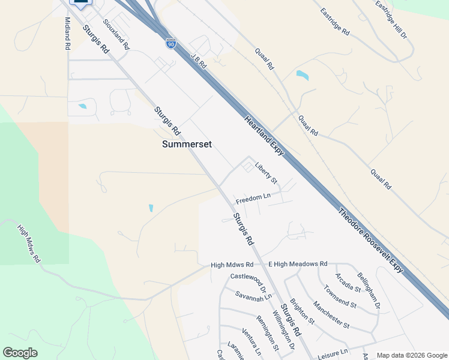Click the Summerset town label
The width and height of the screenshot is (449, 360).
(187, 145)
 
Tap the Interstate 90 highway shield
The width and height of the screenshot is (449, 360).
(171, 44)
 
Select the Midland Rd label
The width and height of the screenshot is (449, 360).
(67, 33)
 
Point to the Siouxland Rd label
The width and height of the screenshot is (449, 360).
(116, 34)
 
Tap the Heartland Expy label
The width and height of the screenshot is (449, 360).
(264, 137)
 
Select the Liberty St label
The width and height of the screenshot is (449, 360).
(265, 173)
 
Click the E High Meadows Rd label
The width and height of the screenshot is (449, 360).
(298, 264)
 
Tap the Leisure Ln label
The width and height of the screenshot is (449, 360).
(333, 352)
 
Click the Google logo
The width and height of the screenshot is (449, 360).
(20, 353)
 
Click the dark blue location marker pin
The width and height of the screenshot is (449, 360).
(80, 3)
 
